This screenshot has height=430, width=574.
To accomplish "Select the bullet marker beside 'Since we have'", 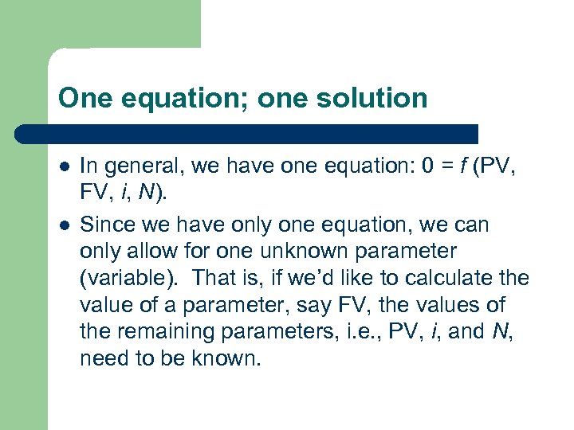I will (63, 225).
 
